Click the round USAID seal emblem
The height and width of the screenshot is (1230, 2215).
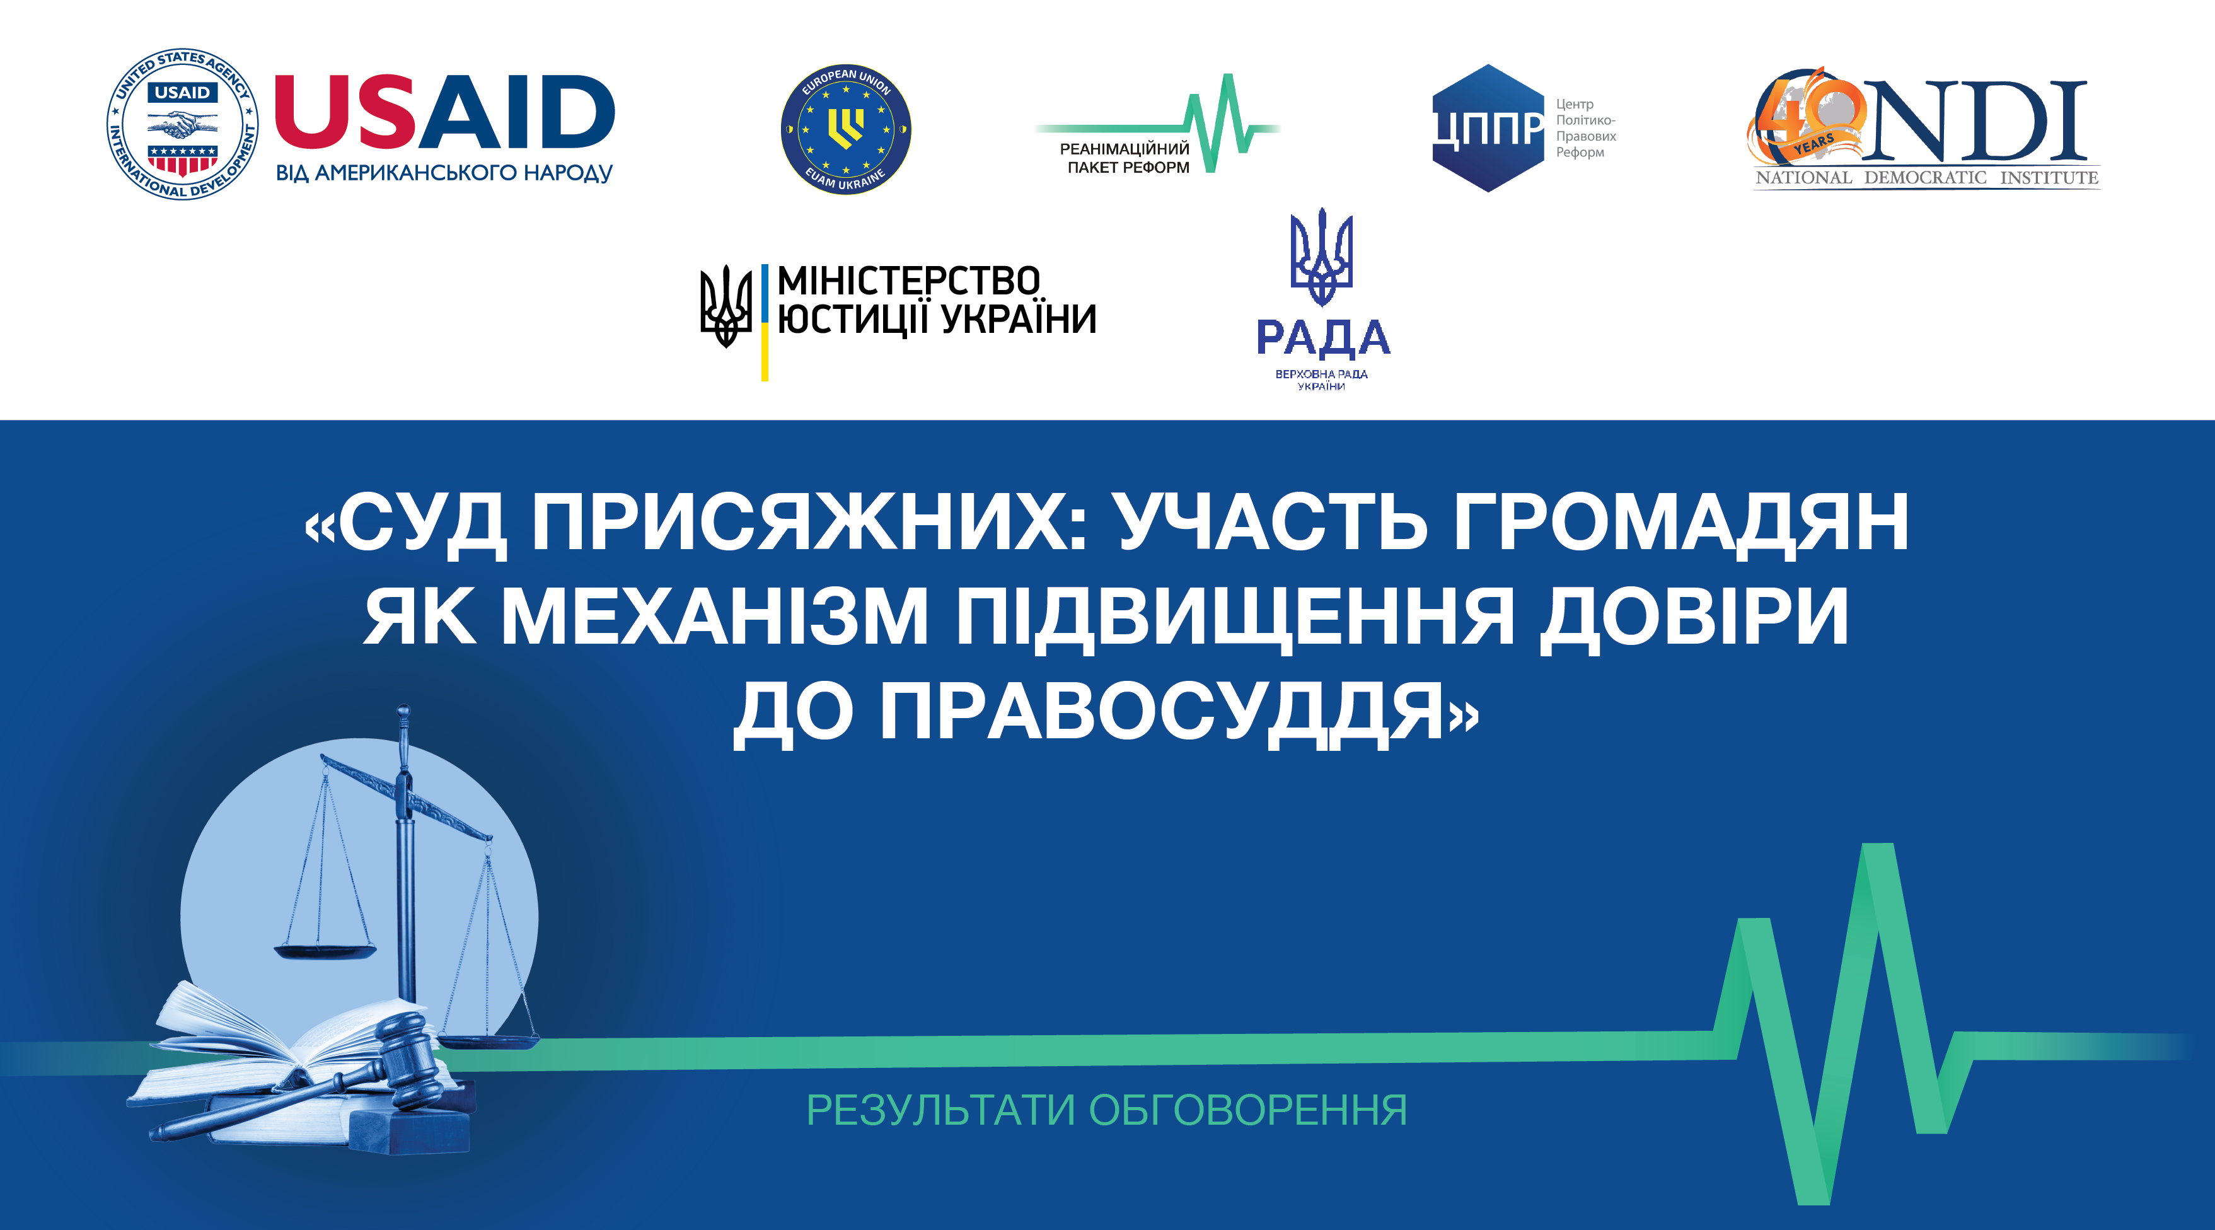(182, 124)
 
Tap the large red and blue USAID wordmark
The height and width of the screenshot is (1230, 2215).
(444, 112)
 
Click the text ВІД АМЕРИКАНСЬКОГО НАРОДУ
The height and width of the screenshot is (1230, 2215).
(444, 173)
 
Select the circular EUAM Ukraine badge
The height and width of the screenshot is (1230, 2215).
(845, 129)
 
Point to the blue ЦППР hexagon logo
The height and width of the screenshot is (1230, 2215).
(1488, 127)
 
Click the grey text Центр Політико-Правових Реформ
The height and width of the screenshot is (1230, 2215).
(1585, 128)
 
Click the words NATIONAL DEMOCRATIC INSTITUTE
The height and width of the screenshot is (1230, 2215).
(1927, 178)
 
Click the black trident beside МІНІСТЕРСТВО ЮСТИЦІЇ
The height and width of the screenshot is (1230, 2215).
(726, 305)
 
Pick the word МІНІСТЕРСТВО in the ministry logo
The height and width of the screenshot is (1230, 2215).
(909, 281)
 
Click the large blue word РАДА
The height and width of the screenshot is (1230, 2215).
(1322, 338)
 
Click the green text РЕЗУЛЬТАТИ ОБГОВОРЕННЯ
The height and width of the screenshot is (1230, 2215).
(1107, 1110)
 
